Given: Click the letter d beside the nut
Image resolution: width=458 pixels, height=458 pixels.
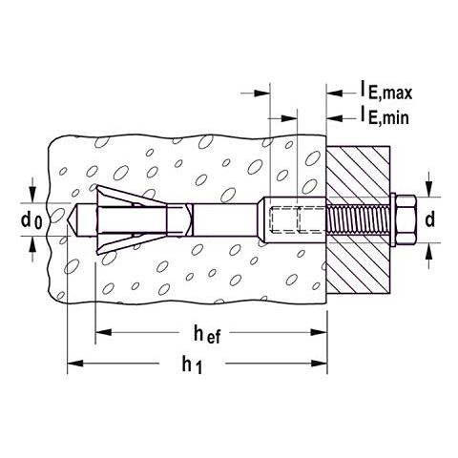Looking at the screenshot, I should tap(429, 219).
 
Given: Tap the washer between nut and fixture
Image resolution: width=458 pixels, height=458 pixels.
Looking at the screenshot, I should tap(392, 219).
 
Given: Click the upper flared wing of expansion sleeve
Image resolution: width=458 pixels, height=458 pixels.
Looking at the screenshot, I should tap(119, 195).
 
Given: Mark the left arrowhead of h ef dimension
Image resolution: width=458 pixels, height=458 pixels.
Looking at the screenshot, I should tap(101, 332).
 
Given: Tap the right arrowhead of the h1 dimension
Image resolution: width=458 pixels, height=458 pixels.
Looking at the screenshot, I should tap(323, 363).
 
